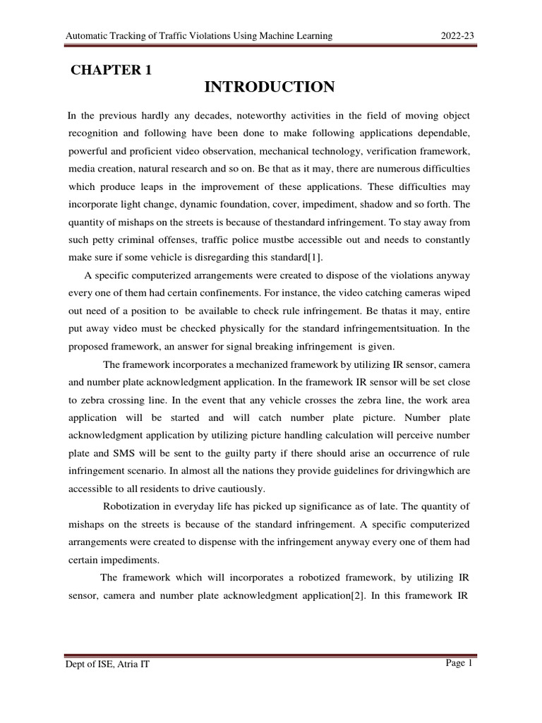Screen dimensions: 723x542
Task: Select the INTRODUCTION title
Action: (270, 87)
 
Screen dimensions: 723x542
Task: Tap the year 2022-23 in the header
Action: (457, 36)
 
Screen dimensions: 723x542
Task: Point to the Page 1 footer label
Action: (458, 662)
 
